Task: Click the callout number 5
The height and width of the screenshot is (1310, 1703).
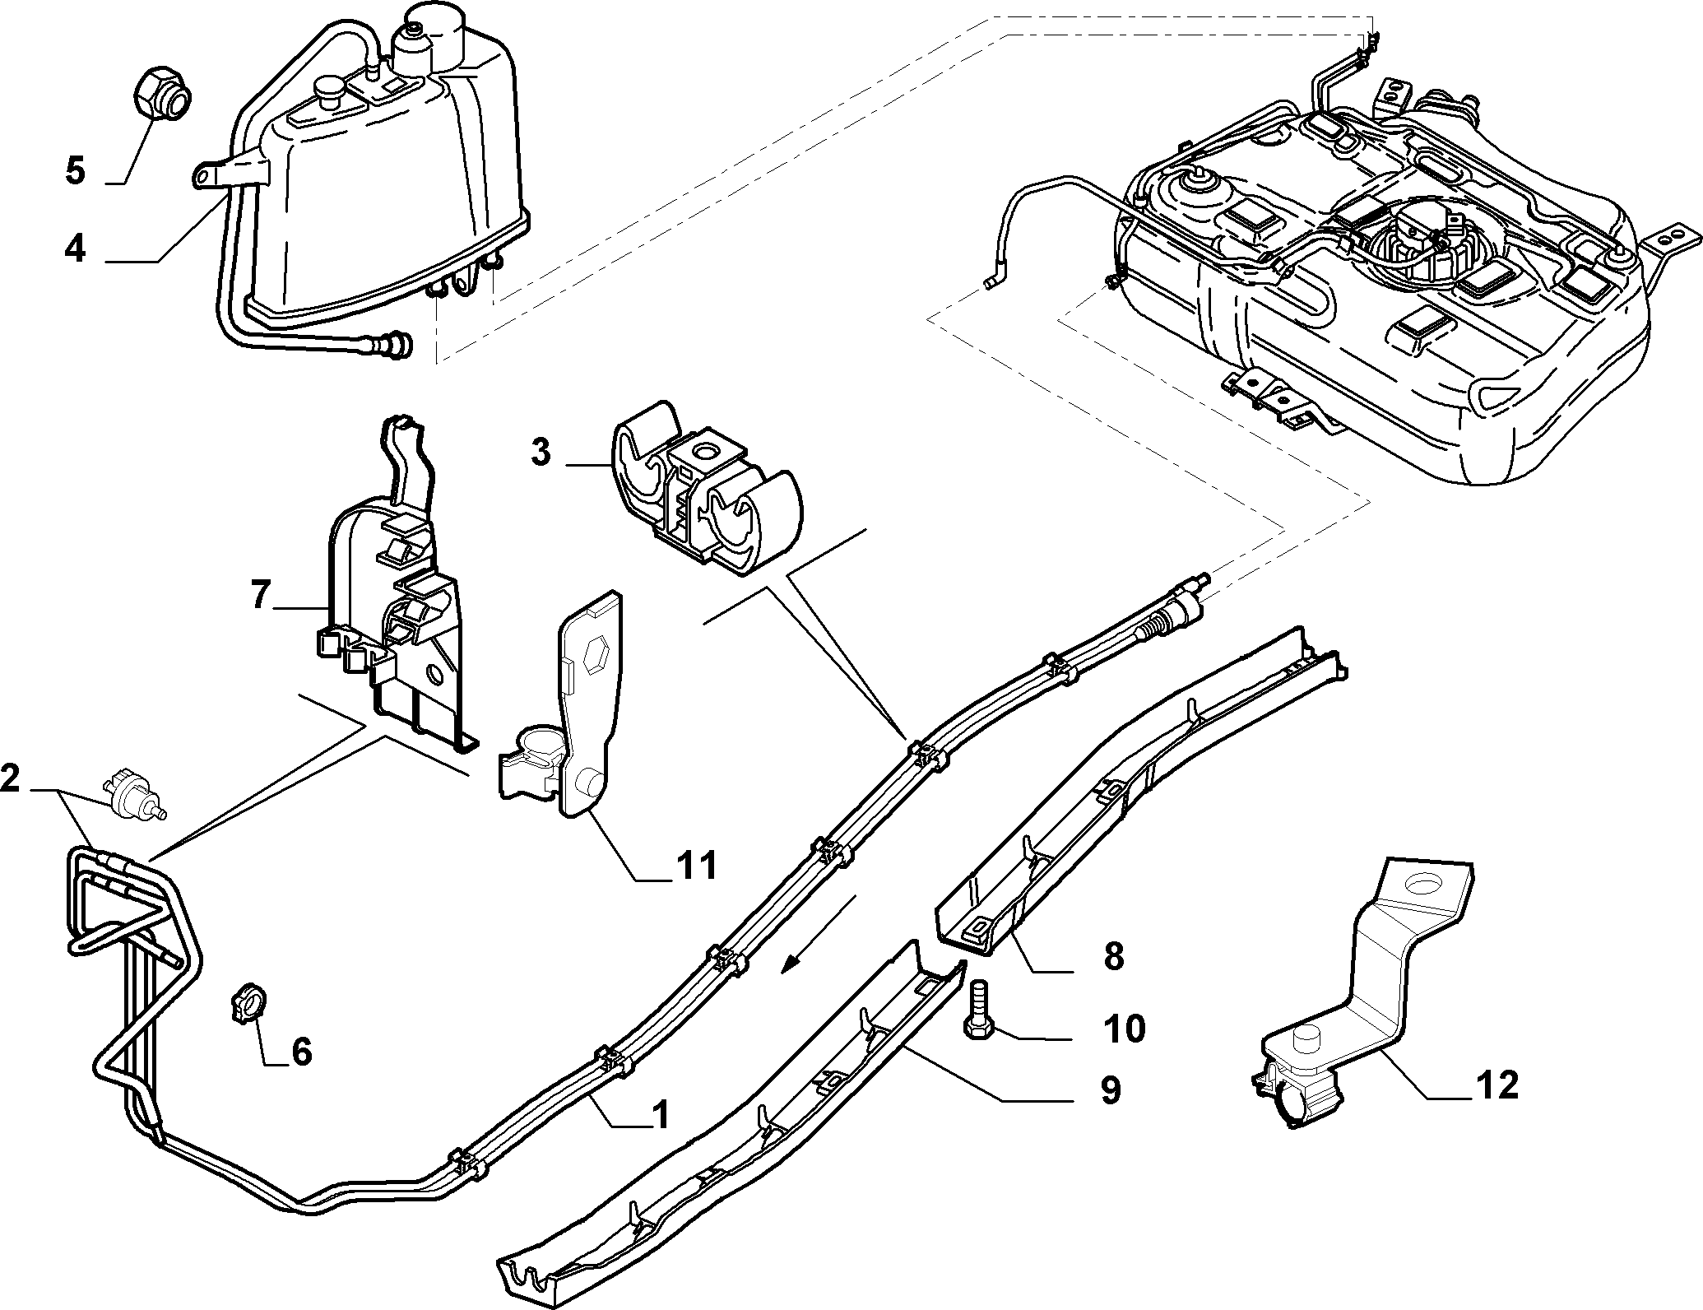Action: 75,172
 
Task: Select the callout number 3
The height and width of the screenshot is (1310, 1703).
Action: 540,453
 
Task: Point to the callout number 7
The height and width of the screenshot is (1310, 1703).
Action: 261,595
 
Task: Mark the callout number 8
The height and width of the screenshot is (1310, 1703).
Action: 1113,957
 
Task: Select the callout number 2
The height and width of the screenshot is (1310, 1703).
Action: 11,779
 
